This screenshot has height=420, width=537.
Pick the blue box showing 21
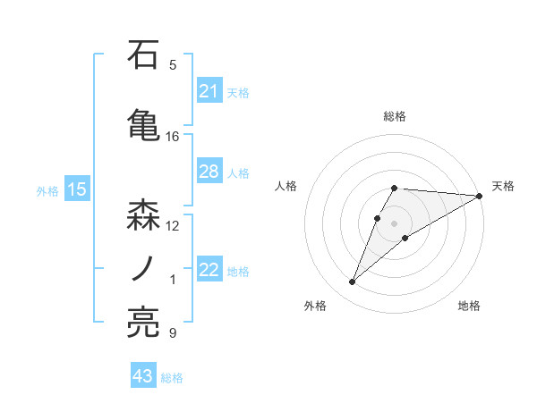click(209, 91)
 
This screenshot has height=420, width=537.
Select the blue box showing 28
click(209, 172)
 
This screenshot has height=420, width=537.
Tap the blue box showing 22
click(209, 271)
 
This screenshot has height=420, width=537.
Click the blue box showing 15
click(76, 189)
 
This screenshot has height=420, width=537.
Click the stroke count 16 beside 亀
click(173, 136)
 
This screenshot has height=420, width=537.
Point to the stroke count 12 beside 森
click(173, 225)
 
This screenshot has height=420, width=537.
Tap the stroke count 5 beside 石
click(173, 64)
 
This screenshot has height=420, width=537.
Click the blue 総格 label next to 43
click(172, 377)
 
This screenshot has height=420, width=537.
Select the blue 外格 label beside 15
click(47, 190)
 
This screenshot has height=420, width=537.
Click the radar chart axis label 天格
click(504, 186)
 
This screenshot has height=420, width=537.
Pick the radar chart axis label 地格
click(469, 306)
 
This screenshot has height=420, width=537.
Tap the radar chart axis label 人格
click(286, 186)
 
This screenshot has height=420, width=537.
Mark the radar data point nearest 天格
click(481, 196)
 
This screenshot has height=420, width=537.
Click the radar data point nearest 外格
click(353, 282)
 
